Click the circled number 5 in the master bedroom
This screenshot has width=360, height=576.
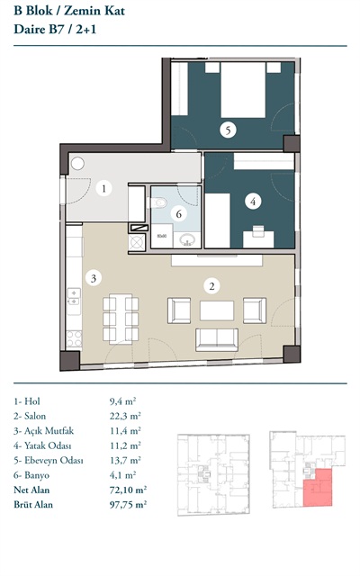(x=228, y=130)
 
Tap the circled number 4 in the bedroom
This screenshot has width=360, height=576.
(x=253, y=202)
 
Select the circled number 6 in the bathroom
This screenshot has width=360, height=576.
(x=179, y=214)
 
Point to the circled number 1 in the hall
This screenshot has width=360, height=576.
(x=104, y=188)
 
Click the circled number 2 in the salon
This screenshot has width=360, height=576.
(x=211, y=286)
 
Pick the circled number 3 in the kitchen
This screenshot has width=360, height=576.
(x=94, y=278)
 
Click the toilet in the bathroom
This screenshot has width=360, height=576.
(x=157, y=202)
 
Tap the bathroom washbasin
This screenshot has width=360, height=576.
(x=187, y=240)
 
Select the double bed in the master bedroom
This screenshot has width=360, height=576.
(x=243, y=90)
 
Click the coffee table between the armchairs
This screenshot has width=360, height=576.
(x=217, y=310)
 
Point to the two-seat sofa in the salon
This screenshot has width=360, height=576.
(x=217, y=339)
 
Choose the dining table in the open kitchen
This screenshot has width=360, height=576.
(x=121, y=319)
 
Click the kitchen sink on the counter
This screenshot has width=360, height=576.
(x=74, y=297)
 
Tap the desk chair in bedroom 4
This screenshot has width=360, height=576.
(x=258, y=230)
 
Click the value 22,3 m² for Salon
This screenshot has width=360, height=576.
(x=125, y=416)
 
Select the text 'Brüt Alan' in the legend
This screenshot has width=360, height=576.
(x=33, y=504)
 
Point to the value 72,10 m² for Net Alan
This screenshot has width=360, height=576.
(x=128, y=490)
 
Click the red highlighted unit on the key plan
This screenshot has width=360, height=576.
(x=318, y=488)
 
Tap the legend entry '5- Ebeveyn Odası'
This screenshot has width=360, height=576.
(x=49, y=460)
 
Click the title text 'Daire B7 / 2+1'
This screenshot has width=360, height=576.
(x=55, y=30)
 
